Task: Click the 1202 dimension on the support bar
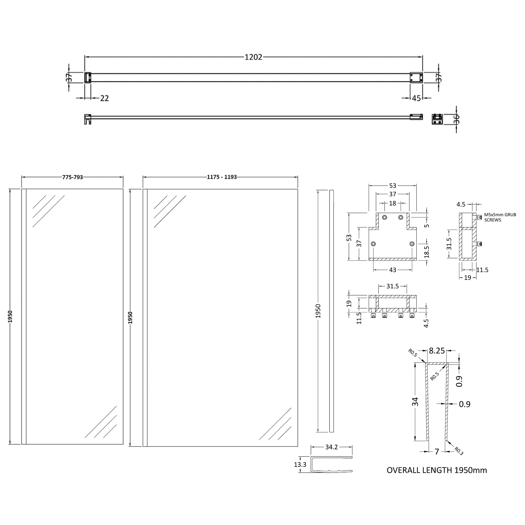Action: coord(253,57)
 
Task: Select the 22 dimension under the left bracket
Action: coord(104,98)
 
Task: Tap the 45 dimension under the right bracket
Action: coord(416,98)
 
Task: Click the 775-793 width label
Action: coord(72,177)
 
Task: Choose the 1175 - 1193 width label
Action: coord(222,177)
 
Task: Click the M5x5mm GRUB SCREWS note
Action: coord(500,217)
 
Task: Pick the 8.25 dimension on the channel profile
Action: coord(437,351)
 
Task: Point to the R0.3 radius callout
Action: coord(458,451)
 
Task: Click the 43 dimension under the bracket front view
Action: coord(393,270)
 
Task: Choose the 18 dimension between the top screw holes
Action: coord(392,203)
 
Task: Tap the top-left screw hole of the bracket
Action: coord(385,217)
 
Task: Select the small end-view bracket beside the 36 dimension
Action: coord(437,119)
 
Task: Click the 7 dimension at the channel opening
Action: coord(437,451)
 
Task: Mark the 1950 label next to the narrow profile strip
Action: coord(318,311)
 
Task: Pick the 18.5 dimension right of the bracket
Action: coord(426,252)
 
